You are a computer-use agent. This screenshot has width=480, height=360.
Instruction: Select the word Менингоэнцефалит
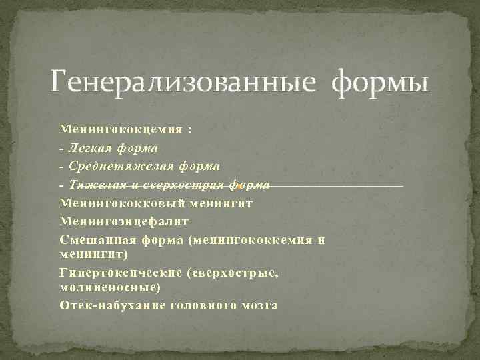pos(124,221)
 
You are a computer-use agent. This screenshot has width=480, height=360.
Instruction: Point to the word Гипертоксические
pos(120,272)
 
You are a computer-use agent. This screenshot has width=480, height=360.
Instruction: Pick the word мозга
pos(260,305)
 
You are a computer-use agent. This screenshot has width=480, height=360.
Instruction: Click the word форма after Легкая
pos(138,147)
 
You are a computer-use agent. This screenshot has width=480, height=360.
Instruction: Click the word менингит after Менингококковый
pos(221,202)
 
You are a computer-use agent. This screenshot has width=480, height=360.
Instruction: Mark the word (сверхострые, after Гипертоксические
pos(233,272)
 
